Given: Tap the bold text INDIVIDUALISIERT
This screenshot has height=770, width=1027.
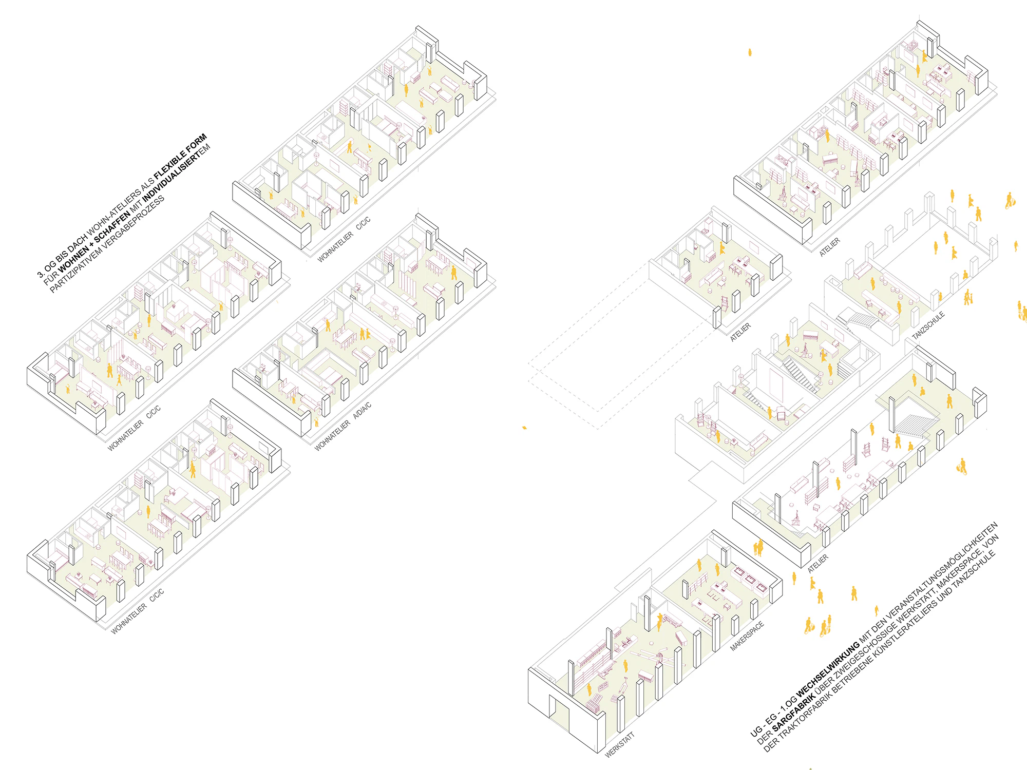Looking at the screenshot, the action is pos(172,176).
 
